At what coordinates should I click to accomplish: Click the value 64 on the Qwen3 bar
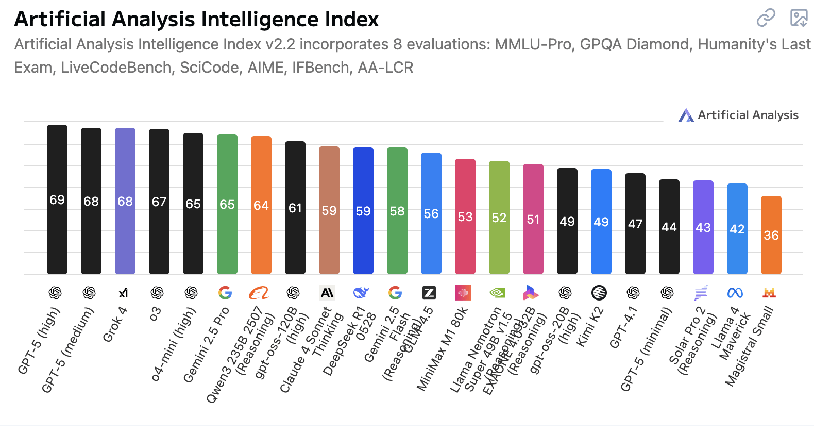coord(261,206)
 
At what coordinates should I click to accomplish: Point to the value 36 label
coord(771,236)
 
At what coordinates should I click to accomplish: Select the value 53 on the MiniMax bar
coord(465,217)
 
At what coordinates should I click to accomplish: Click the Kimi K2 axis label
coord(589,327)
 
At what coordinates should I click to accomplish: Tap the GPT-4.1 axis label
coord(623,328)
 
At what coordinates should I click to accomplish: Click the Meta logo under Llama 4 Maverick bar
coord(735,293)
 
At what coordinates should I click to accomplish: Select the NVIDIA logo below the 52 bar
coord(497,293)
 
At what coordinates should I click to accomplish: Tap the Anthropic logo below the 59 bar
coord(327,293)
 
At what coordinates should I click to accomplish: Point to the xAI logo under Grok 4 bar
coord(123,293)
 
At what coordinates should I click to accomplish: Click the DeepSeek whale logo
coord(361,293)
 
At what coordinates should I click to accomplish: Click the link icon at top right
coord(766,18)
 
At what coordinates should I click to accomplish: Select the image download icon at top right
coord(799,18)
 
